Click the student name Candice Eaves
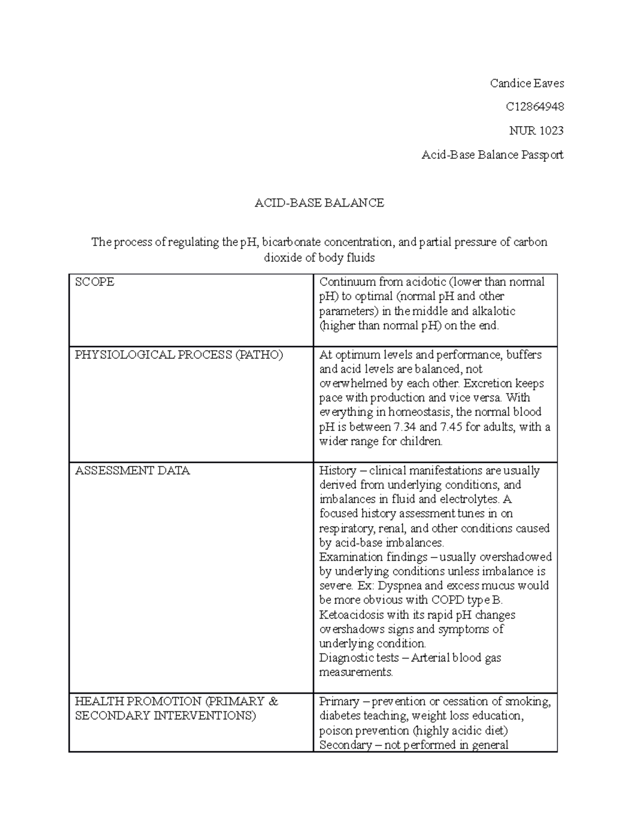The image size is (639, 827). click(x=526, y=83)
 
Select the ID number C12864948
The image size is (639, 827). click(x=535, y=107)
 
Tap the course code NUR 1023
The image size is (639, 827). click(x=543, y=131)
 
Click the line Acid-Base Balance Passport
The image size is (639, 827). click(x=492, y=155)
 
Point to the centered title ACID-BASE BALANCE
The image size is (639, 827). click(x=319, y=203)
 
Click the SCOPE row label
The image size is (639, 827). click(x=95, y=282)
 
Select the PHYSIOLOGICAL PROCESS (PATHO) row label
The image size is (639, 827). click(x=179, y=355)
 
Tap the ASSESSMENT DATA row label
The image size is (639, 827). click(x=133, y=471)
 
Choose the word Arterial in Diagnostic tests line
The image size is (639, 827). click(x=430, y=658)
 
